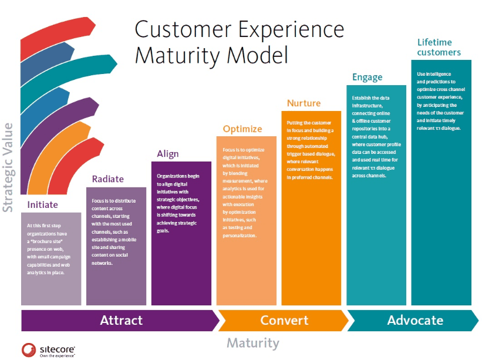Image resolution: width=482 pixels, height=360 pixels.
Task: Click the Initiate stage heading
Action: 43,205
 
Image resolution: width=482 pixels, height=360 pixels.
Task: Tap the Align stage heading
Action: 168,154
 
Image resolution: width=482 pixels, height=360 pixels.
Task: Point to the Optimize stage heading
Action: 242,129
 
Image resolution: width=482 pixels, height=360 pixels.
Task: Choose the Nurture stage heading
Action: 304,103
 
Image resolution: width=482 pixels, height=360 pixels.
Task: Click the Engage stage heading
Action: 367,77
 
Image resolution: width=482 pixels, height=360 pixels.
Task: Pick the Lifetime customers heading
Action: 439,47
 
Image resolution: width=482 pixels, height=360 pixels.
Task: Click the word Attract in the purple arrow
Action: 122,320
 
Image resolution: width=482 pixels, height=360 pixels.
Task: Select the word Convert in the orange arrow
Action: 284,320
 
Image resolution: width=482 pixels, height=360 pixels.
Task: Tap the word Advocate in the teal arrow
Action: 415,320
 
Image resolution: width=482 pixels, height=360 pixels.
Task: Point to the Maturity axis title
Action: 253,342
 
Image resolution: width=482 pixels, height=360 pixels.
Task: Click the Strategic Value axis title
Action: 8,167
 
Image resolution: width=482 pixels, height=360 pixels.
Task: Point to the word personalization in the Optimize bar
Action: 240,235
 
